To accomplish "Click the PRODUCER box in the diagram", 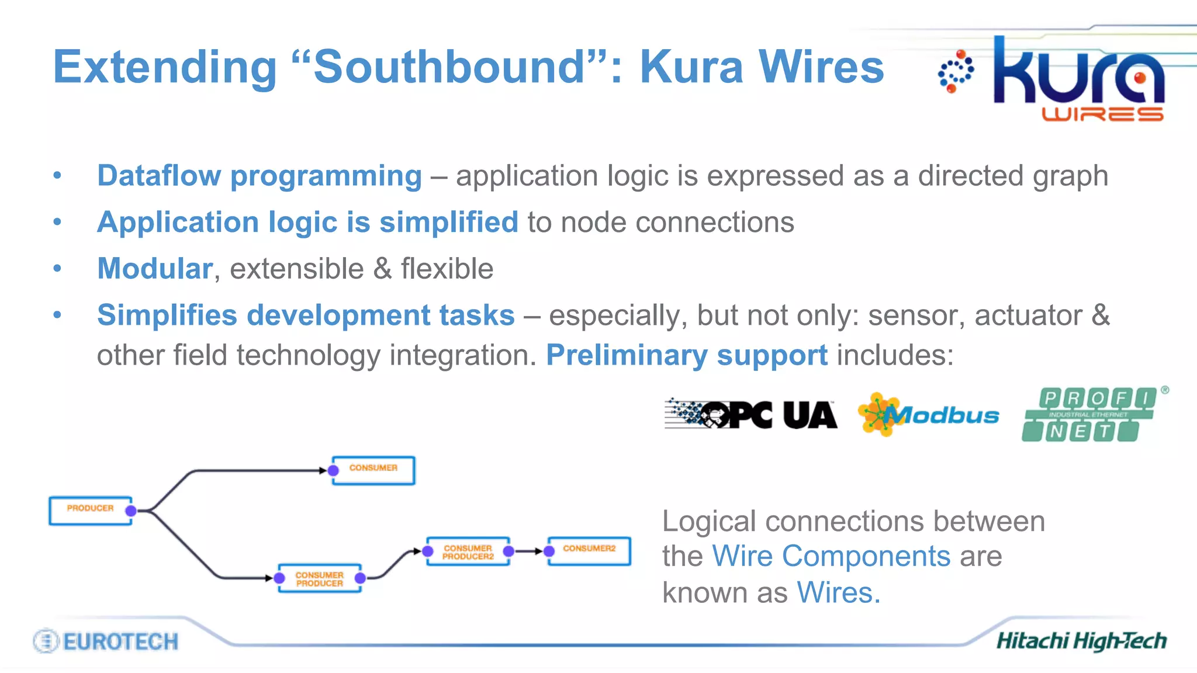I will tap(90, 510).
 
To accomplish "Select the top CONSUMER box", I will tap(373, 470).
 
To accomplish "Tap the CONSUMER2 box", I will tap(589, 550).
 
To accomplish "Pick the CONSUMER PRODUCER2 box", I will tap(468, 551).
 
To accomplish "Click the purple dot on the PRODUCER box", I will tap(131, 511).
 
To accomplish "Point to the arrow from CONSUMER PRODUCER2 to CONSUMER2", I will tap(530, 551).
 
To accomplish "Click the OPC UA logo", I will tap(750, 415).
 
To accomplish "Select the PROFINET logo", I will tap(1088, 415).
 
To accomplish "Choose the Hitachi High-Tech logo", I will tap(1081, 641).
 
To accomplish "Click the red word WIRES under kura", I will tap(1102, 114).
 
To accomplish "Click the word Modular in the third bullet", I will tap(155, 269).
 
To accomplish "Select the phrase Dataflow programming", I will tap(260, 176).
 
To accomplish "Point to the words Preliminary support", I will tap(687, 355).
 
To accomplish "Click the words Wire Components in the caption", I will tap(831, 556).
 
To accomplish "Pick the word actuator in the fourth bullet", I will tap(1029, 315).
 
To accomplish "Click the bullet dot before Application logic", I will tap(57, 222).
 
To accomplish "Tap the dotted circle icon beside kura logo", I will tap(956, 72).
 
